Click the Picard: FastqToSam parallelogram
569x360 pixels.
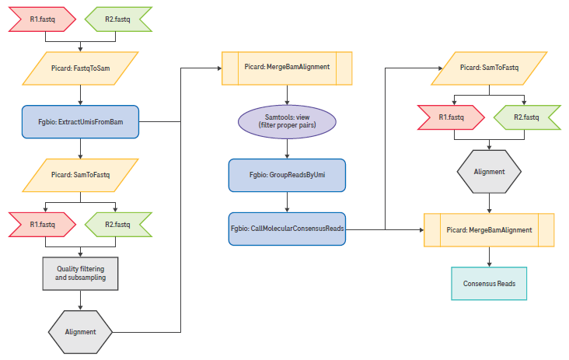click(81, 68)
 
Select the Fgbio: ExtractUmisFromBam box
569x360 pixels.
click(81, 122)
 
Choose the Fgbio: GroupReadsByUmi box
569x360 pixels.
click(287, 175)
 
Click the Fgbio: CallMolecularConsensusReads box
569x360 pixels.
click(287, 229)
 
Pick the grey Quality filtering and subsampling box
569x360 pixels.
click(81, 273)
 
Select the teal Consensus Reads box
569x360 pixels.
click(489, 284)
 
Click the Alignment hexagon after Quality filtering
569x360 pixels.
click(81, 331)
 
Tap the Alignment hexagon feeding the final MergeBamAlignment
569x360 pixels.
click(489, 171)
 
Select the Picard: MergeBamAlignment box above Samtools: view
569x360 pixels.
click(287, 68)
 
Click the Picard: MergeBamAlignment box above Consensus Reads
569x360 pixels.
click(489, 230)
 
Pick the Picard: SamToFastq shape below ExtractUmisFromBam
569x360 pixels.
click(81, 175)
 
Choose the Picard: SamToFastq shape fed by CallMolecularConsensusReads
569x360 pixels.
click(489, 68)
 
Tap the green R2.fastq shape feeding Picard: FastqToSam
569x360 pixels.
click(117, 18)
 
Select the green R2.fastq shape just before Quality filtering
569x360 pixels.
click(117, 225)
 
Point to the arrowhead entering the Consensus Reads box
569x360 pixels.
click(489, 265)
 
